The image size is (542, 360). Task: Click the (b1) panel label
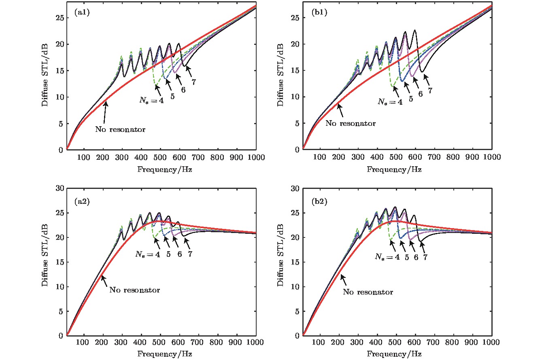tap(318, 13)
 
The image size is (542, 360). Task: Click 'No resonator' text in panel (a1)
tap(120, 129)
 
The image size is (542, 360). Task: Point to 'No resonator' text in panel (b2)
tap(368, 292)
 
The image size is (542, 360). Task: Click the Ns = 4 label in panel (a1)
tap(149, 100)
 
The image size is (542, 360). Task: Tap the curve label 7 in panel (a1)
tap(194, 82)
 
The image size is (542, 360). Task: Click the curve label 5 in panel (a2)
tap(168, 255)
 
